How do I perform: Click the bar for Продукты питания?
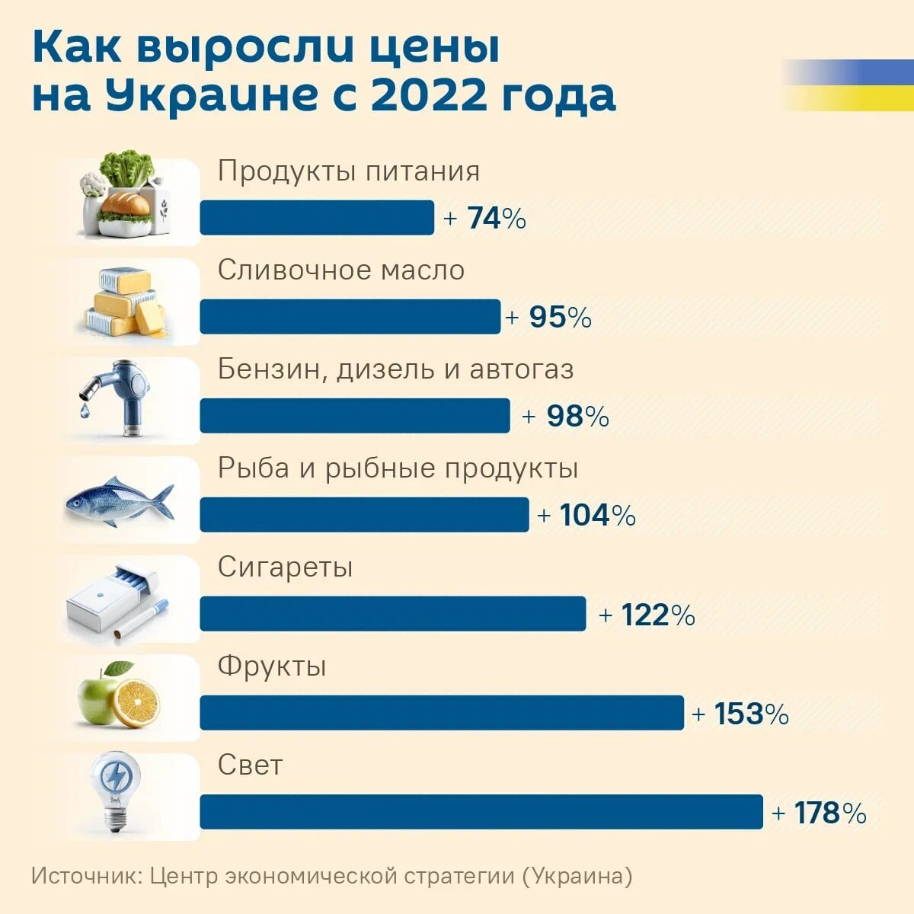pyautogui.click(x=317, y=218)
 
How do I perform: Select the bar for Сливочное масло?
pyautogui.click(x=350, y=317)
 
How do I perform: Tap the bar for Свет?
pyautogui.click(x=481, y=812)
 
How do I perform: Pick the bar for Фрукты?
pyautogui.click(x=442, y=713)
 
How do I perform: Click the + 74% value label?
pyautogui.click(x=485, y=219)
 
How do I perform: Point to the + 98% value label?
pyautogui.click(x=566, y=417)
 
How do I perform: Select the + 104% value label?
pyautogui.click(x=586, y=516)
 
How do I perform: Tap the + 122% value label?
pyautogui.click(x=647, y=615)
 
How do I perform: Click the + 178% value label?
pyautogui.click(x=819, y=813)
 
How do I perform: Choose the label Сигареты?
pyautogui.click(x=285, y=567)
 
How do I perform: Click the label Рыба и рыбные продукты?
pyautogui.click(x=398, y=468)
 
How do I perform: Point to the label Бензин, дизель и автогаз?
pyautogui.click(x=395, y=369)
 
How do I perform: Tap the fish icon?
pyautogui.click(x=120, y=501)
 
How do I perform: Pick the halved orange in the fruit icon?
pyautogui.click(x=136, y=702)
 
